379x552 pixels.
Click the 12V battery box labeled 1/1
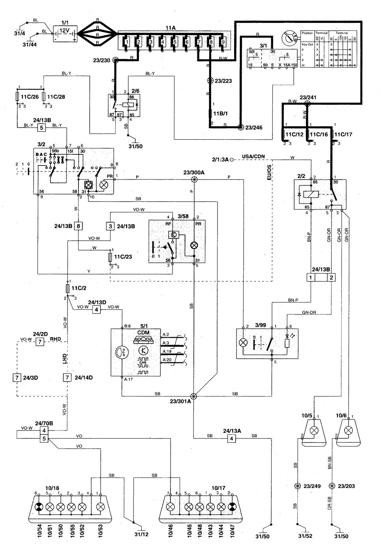(64, 33)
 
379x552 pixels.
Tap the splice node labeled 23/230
(116, 60)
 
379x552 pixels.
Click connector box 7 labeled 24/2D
(40, 342)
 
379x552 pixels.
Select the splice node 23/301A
(194, 396)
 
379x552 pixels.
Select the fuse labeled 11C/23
(111, 258)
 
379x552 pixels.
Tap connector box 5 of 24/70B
(45, 438)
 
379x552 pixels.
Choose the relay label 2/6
(136, 91)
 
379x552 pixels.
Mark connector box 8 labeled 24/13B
(79, 226)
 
